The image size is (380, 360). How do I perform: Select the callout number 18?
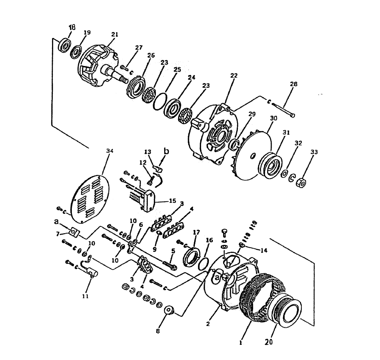coord(72,27)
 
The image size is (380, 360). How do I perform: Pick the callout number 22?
coord(233,76)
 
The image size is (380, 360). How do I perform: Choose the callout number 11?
coord(85,296)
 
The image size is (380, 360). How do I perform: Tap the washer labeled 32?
coord(284,174)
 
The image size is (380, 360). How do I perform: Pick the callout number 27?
coord(139,47)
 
